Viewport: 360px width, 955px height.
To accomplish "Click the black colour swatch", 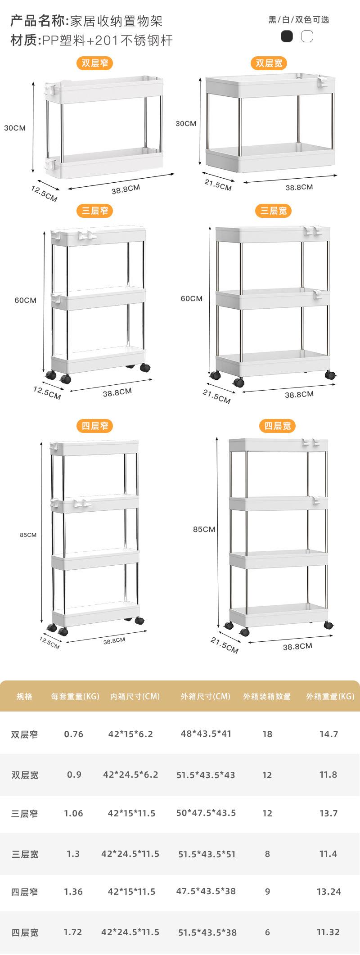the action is tap(287, 36).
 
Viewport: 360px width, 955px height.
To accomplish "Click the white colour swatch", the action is tap(307, 36).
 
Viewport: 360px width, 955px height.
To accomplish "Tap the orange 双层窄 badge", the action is tap(94, 63).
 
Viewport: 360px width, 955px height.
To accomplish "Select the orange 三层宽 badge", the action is tap(274, 211).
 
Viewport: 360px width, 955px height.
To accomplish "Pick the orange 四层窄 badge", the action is tap(94, 426).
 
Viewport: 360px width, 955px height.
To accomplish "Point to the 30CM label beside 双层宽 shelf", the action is tap(186, 123).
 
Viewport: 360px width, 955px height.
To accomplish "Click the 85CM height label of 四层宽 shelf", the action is tap(204, 529).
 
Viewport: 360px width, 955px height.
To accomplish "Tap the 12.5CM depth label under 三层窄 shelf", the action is tap(47, 393).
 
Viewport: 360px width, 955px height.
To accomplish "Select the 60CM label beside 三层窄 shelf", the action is tap(25, 300).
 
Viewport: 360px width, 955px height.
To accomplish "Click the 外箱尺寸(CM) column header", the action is tap(206, 697).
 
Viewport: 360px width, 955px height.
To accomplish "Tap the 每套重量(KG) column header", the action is tap(75, 697).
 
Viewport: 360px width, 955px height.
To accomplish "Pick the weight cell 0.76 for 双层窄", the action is tap(73, 734).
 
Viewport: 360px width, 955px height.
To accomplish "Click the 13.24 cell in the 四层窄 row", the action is tap(328, 892).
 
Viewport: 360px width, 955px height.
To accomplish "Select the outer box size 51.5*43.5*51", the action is tap(207, 854).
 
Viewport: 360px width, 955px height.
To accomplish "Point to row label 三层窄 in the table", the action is tap(25, 813).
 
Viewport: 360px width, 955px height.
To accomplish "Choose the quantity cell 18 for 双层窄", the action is tap(267, 734).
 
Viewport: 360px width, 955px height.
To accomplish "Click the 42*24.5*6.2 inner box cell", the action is tap(130, 775).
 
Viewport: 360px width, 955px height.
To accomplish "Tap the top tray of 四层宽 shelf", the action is tap(278, 445).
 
